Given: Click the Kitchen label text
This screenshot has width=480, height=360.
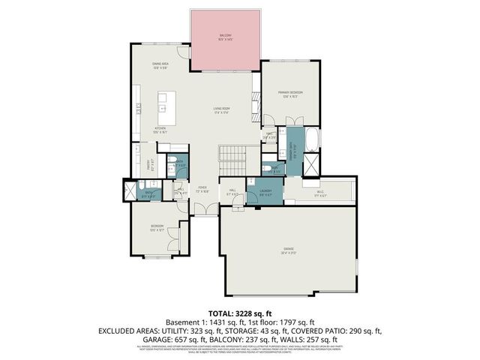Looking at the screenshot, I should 160,128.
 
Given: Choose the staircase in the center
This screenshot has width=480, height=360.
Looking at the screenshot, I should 234,157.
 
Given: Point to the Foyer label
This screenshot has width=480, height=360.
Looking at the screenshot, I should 202,188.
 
